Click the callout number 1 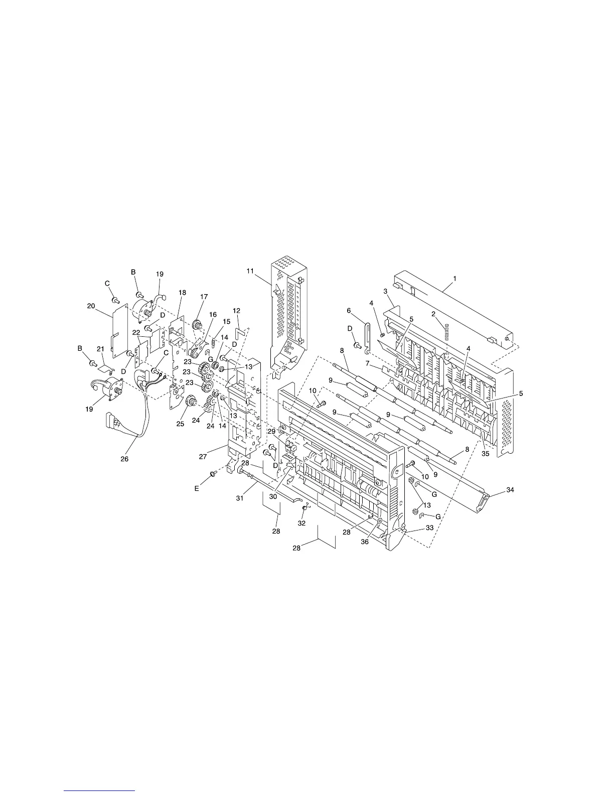(455, 279)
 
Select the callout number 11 (250, 271)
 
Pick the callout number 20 (91, 306)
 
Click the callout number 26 (125, 459)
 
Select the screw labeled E (212, 474)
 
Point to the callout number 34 (510, 489)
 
